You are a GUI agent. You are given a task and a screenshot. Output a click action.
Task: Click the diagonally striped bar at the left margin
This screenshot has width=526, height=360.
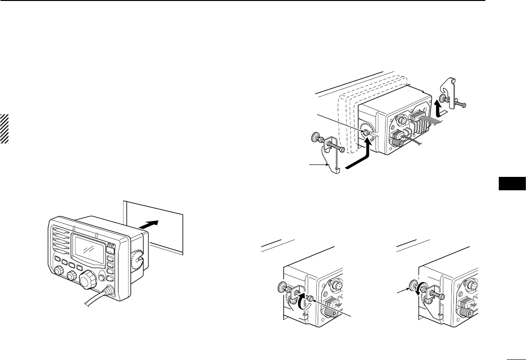4,129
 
